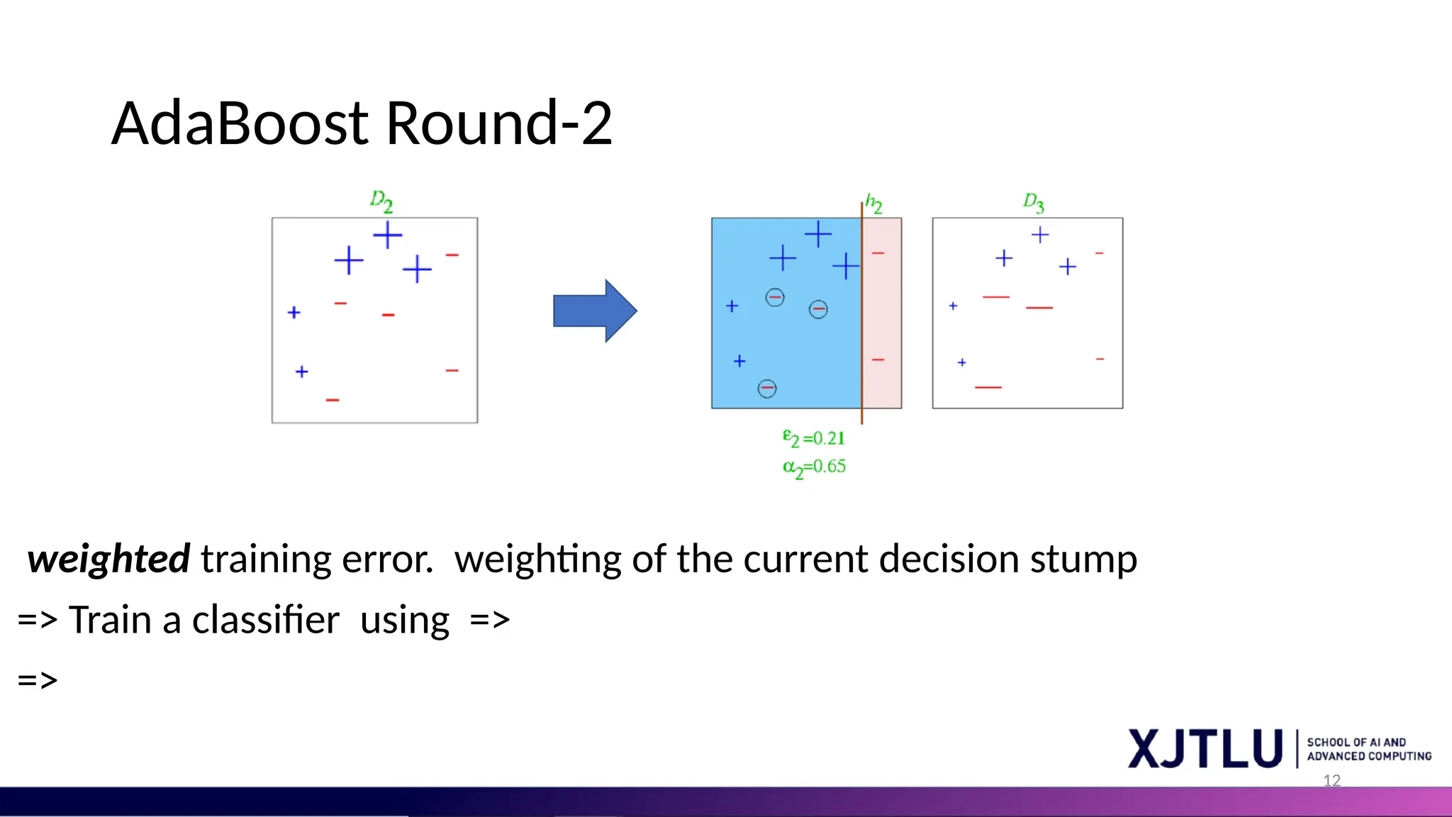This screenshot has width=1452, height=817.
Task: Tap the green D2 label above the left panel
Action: tap(381, 201)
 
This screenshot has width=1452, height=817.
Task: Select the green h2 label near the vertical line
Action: tap(873, 204)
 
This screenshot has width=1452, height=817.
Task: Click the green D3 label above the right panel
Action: tap(1033, 203)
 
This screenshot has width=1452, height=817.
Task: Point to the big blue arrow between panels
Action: tap(594, 311)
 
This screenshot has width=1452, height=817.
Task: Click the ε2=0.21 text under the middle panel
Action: tap(813, 438)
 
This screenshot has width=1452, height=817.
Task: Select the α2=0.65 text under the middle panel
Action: tap(814, 467)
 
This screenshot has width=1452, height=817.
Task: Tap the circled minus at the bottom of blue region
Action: tap(766, 389)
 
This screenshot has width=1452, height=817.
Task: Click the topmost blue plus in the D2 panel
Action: tap(387, 235)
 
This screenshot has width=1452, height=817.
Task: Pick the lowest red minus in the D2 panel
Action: tap(333, 400)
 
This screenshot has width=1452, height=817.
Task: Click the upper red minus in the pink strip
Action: tap(878, 253)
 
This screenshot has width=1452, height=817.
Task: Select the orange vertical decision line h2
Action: tap(861, 319)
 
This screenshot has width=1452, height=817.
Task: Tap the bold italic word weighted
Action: tap(108, 559)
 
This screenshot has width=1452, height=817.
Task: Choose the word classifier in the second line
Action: tap(265, 620)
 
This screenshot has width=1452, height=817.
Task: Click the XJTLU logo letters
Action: tap(1205, 749)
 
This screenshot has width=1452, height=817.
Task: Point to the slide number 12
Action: tap(1331, 781)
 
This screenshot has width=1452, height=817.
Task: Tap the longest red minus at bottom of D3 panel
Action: tap(988, 387)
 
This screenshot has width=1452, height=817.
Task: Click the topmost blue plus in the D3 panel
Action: tap(1039, 235)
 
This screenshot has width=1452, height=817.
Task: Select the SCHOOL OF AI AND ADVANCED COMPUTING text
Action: tap(1368, 749)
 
